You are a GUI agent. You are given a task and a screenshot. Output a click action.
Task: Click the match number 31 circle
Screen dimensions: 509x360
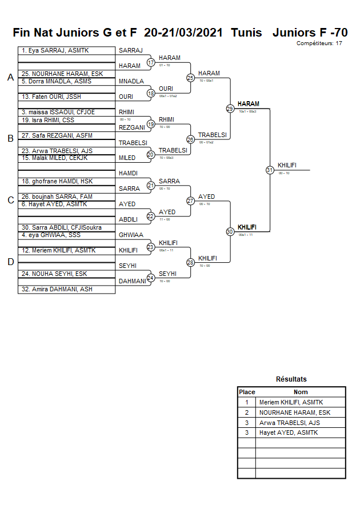[269, 170]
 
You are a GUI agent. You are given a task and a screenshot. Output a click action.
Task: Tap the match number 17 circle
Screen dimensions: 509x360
[151, 62]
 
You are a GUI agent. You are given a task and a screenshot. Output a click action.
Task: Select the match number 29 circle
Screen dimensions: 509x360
[230, 109]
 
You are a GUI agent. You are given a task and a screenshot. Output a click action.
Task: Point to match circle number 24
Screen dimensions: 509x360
[151, 278]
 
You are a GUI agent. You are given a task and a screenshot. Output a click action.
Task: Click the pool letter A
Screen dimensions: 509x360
[10, 78]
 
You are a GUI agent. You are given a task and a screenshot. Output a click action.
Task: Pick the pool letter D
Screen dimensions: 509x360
[10, 262]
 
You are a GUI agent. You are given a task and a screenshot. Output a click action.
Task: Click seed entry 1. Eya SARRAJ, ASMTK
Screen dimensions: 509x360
[55, 51]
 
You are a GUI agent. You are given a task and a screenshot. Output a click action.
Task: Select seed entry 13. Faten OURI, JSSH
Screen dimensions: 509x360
[51, 97]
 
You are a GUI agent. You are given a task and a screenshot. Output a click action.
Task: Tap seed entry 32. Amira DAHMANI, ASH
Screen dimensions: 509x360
[57, 290]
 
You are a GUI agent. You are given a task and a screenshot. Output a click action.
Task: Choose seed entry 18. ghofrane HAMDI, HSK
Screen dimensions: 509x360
[57, 181]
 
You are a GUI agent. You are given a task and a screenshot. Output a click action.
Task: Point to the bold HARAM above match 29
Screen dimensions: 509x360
[249, 104]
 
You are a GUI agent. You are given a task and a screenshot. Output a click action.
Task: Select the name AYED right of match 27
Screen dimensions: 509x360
[206, 197]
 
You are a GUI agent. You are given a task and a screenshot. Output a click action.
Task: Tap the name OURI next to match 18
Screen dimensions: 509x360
[166, 89]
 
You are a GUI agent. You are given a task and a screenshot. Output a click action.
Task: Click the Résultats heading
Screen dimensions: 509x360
[291, 379]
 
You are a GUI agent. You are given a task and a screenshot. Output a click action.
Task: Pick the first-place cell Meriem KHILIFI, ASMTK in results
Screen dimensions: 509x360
[291, 402]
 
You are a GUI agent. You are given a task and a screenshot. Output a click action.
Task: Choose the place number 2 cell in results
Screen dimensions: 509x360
[246, 412]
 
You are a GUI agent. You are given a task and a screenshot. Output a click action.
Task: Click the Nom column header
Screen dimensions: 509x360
[301, 392]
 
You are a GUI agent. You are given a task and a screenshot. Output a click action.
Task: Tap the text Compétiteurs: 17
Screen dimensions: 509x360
[319, 43]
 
